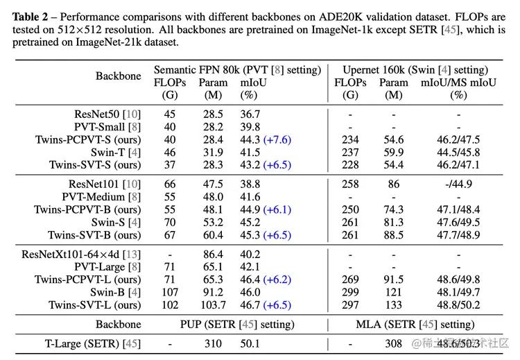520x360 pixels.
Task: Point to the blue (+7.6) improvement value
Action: tap(276, 139)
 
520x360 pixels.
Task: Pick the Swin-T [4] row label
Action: tap(116, 152)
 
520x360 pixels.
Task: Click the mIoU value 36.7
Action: tap(250, 114)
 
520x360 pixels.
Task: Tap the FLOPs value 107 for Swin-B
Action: tap(171, 292)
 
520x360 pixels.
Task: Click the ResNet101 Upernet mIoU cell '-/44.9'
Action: tap(458, 184)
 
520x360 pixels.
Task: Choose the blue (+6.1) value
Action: tap(276, 209)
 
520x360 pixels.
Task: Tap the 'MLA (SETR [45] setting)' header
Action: tap(416, 324)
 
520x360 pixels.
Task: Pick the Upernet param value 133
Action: tap(394, 305)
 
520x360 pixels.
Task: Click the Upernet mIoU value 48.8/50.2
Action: tap(458, 305)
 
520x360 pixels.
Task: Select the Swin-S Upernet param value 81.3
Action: tap(394, 222)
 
